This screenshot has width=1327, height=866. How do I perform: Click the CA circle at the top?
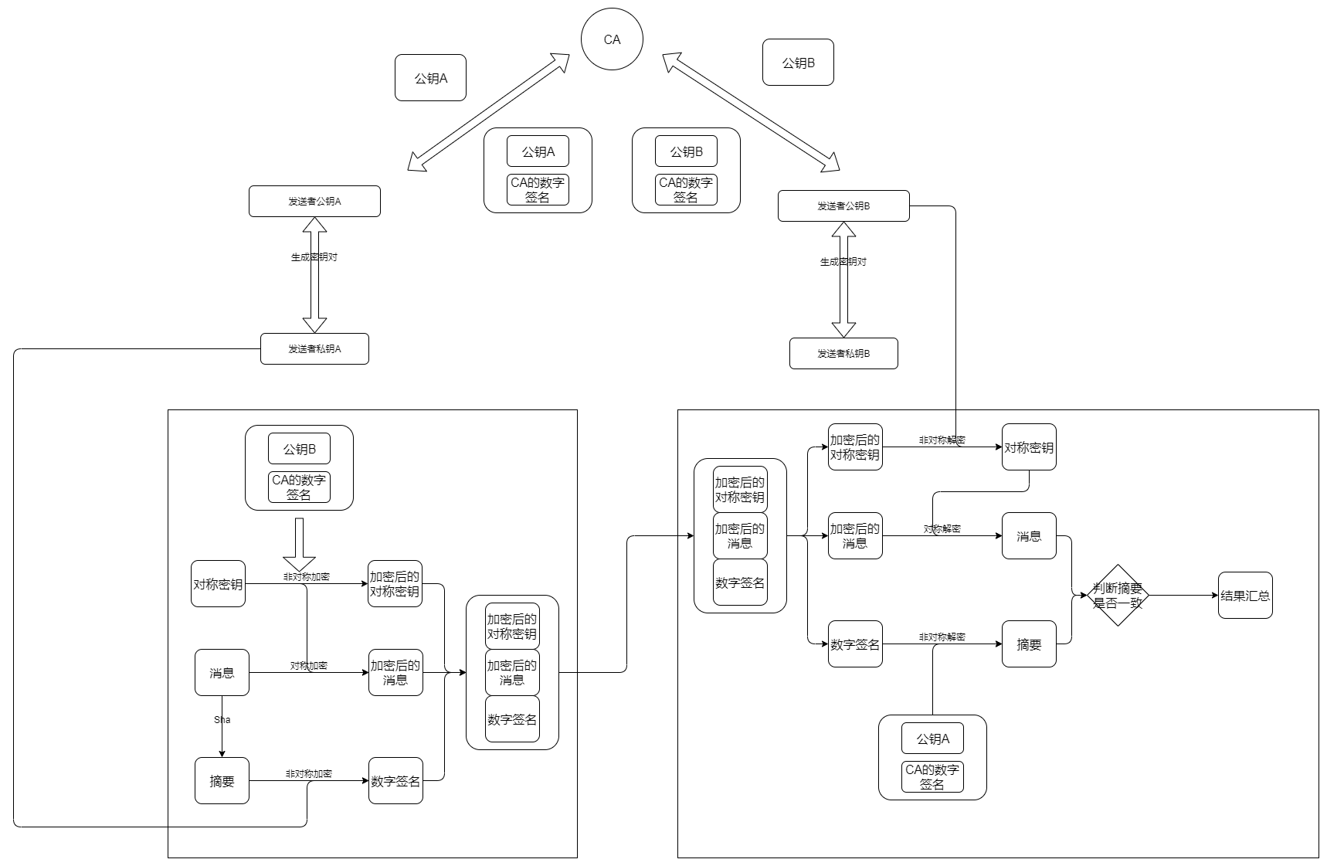click(612, 39)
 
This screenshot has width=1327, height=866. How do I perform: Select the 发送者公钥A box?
click(314, 202)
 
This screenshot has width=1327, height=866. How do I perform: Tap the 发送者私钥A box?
click(314, 349)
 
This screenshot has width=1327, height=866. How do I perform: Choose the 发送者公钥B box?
click(843, 206)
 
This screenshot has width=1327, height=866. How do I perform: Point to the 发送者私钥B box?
click(843, 354)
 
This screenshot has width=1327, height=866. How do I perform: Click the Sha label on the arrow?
click(222, 720)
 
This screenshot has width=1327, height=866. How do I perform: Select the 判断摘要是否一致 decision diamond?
click(1118, 596)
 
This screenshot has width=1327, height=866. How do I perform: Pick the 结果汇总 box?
click(1245, 596)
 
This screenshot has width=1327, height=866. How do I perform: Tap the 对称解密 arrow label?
click(942, 529)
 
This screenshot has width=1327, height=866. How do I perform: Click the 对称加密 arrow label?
click(309, 666)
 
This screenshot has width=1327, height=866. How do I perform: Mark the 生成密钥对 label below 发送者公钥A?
click(314, 257)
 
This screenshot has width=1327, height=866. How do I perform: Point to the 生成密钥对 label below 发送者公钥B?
click(843, 262)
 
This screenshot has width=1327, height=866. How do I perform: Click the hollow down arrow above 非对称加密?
click(299, 544)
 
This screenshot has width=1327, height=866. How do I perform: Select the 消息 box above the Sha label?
click(222, 673)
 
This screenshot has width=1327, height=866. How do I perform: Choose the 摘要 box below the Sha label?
click(222, 781)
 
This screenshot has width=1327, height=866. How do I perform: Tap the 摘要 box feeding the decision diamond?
click(1029, 644)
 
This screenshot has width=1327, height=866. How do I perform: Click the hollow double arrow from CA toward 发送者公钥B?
click(751, 111)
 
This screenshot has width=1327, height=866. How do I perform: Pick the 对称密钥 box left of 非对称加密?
click(218, 584)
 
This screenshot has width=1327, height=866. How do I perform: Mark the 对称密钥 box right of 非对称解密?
click(1029, 447)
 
